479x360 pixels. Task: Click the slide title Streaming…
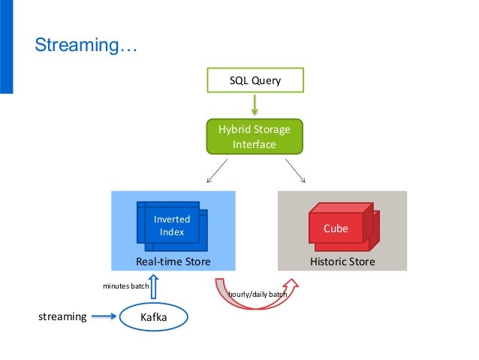click(86, 45)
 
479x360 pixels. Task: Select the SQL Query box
click(255, 80)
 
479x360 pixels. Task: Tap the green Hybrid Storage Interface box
click(255, 137)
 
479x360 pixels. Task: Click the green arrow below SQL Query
click(255, 104)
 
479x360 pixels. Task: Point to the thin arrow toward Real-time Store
click(217, 171)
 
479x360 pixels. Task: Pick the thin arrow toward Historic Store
click(295, 171)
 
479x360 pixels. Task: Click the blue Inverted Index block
click(172, 226)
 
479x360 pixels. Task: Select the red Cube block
click(344, 227)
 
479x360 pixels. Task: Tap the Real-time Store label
click(173, 262)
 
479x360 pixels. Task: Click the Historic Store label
click(342, 262)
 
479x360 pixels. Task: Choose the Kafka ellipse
click(154, 317)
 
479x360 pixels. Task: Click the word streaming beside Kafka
click(62, 316)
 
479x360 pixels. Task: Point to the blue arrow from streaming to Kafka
click(104, 316)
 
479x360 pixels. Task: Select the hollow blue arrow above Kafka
click(154, 286)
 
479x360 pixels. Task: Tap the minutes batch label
click(126, 286)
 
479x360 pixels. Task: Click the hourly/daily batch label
click(258, 295)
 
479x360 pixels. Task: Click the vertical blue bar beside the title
click(7, 47)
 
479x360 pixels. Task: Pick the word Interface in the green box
click(255, 144)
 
